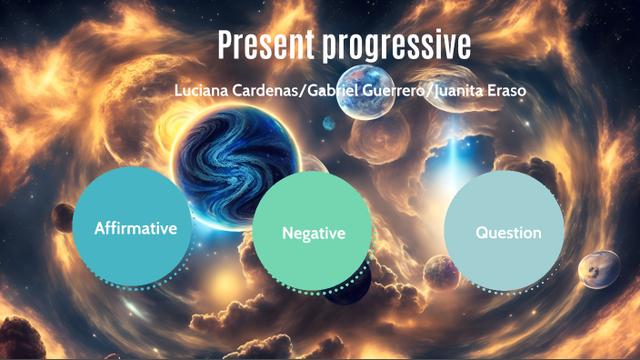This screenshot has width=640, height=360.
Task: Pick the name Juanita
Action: coord(462,92)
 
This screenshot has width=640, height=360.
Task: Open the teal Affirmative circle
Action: coord(135,226)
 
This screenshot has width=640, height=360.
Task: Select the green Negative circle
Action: coord(313,233)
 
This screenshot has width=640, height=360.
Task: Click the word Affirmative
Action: coord(135,227)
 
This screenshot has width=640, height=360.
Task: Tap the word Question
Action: coord(508,233)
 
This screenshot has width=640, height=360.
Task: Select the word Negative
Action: coord(313,234)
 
